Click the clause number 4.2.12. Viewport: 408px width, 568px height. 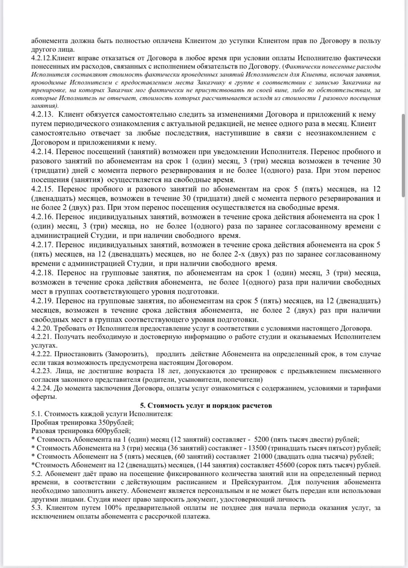click(42, 58)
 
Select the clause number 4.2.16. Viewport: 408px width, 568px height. click(42, 217)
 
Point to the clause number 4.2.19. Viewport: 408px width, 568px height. click(42, 301)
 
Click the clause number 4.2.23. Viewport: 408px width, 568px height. click(41, 371)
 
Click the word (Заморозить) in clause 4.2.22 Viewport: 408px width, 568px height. click(127, 354)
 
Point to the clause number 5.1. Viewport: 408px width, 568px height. click(37, 414)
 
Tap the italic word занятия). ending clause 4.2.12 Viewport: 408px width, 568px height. click(45, 106)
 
